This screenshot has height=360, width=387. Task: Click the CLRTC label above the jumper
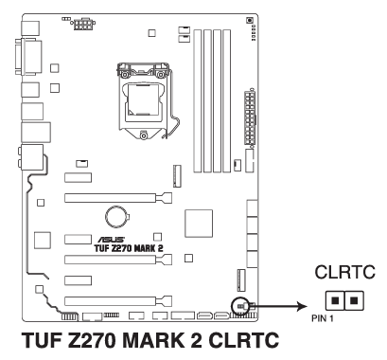[x=345, y=272]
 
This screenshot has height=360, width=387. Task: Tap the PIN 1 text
[x=323, y=318]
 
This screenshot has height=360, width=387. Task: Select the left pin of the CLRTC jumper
[x=335, y=300]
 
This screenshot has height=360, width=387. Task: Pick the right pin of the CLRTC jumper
[x=355, y=300]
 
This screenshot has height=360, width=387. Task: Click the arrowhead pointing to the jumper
[x=302, y=306]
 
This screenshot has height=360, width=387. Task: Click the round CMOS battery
[x=116, y=217]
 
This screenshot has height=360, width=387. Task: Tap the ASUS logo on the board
[x=111, y=240]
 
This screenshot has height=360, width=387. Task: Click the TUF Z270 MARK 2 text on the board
[x=129, y=248]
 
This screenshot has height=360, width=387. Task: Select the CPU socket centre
[x=143, y=99]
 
